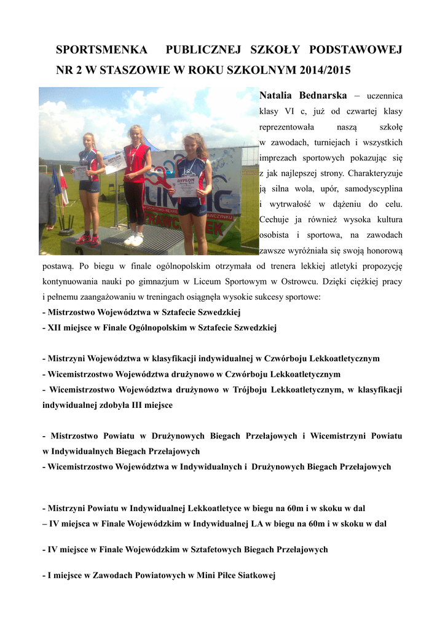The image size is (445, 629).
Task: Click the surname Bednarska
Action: pyautogui.click(x=323, y=96)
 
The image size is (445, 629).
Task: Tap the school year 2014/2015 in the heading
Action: pyautogui.click(x=325, y=70)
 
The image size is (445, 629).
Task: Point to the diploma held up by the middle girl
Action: pyautogui.click(x=114, y=163)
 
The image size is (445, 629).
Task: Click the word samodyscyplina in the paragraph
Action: pyautogui.click(x=373, y=190)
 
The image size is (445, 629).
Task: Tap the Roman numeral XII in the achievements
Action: pyautogui.click(x=55, y=328)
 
